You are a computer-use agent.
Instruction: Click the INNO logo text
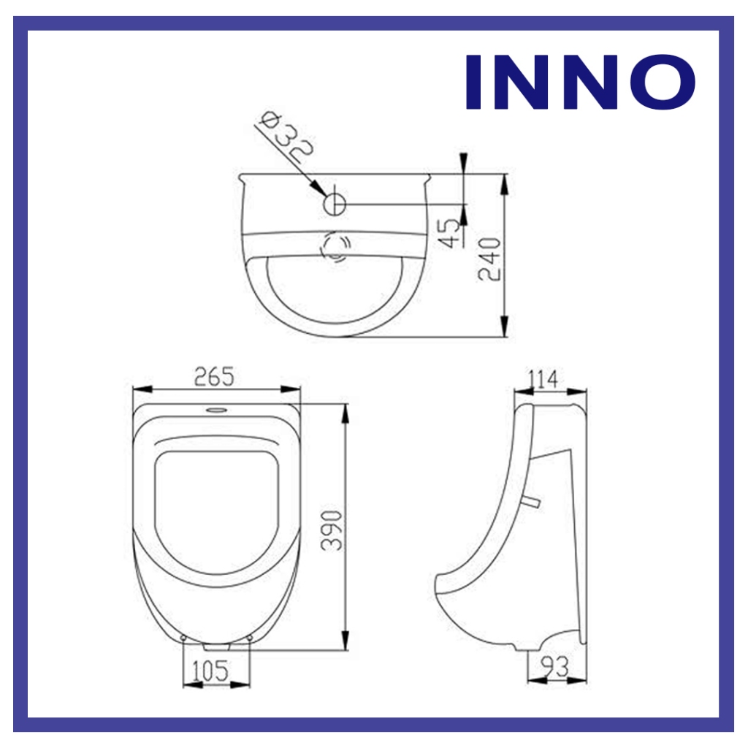pyautogui.click(x=581, y=82)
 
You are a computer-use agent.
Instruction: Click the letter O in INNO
pyautogui.click(x=665, y=82)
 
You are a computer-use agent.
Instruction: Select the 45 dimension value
pyautogui.click(x=450, y=233)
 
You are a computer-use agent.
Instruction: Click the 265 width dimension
pyautogui.click(x=214, y=377)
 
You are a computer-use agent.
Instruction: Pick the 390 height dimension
pyautogui.click(x=332, y=530)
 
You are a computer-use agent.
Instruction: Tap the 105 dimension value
pyautogui.click(x=210, y=671)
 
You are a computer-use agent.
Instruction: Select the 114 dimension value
pyautogui.click(x=543, y=380)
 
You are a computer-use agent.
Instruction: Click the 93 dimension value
pyautogui.click(x=556, y=667)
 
